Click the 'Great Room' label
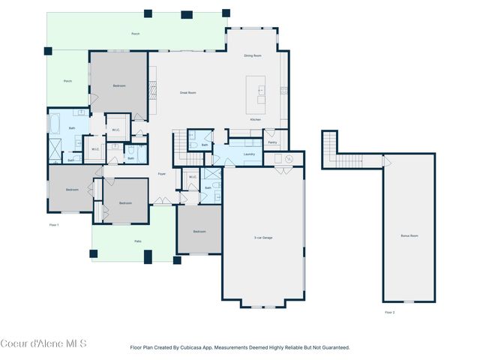[187, 92]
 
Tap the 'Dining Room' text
[252, 56]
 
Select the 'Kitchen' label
[255, 120]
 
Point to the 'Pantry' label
[272, 142]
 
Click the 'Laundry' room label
[250, 154]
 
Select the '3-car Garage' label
[262, 238]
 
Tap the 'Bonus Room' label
[409, 235]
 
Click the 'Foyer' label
[161, 174]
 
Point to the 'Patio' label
[138, 241]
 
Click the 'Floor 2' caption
[389, 312]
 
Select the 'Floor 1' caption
[54, 224]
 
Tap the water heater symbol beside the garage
[288, 158]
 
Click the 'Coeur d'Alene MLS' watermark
[43, 343]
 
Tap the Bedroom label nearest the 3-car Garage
[199, 232]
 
